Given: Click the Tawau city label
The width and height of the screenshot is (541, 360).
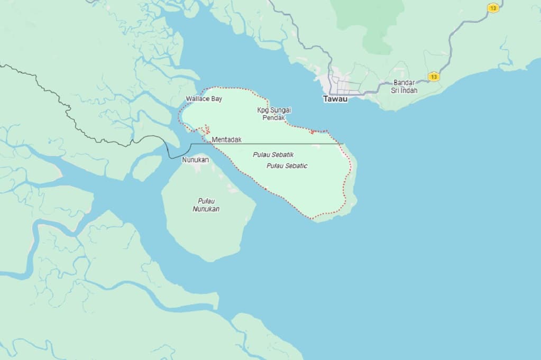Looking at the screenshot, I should pos(335,99).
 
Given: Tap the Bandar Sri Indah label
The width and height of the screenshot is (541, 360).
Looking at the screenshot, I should pos(405,87).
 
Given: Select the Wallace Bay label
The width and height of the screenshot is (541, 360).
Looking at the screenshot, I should pos(204,99).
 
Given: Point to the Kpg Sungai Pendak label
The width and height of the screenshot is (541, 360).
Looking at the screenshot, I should pos(274,114).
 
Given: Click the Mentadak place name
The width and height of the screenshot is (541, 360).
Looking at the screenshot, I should pos(226,140).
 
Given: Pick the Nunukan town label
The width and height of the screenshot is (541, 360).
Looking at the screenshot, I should pos(195,160).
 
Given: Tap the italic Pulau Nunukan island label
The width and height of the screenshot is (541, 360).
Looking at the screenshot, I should pos(206,205).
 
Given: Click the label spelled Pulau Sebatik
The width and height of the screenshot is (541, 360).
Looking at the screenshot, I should pos(273,155).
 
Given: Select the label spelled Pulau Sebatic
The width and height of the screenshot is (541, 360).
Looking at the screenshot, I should pos(287,166).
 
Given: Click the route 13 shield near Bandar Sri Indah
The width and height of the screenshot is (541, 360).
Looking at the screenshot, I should pos(434,77).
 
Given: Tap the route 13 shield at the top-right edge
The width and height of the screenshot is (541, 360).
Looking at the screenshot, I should pos(493,8).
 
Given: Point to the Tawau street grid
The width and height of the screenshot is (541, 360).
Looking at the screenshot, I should pos(344,85).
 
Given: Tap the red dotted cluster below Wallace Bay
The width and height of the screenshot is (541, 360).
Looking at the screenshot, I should pos(204,129).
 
